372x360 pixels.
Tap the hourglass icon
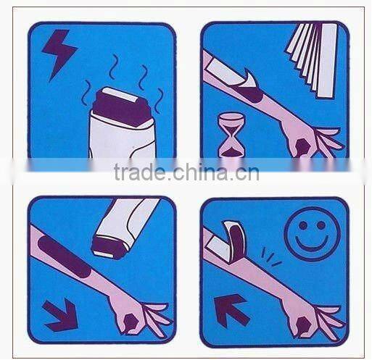point(232,135)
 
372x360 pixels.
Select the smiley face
point(313,234)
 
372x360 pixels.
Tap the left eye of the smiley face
point(303,226)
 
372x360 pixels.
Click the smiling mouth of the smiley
point(312,244)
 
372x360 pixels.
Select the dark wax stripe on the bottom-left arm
point(64,256)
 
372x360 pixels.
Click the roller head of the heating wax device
point(120,106)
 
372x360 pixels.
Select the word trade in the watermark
point(139,172)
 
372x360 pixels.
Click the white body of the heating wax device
point(121,138)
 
